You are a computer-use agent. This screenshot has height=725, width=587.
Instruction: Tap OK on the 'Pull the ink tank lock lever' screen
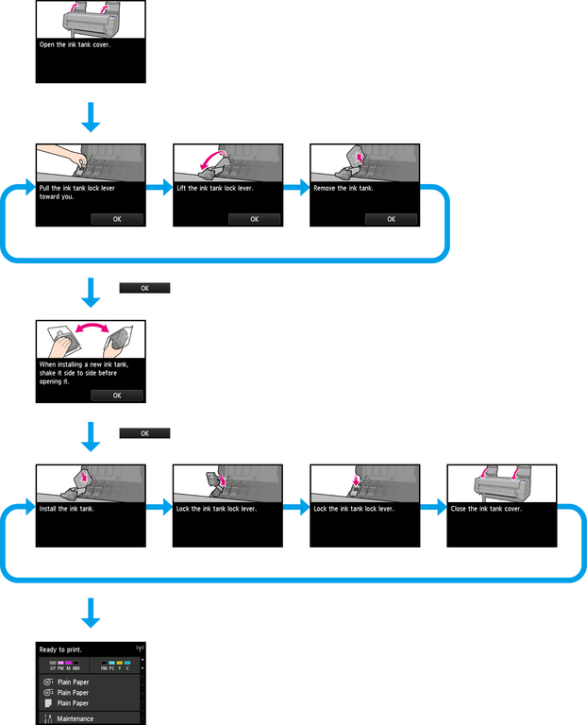[x=117, y=219]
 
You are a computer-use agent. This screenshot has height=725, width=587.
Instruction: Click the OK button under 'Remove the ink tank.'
[x=392, y=219]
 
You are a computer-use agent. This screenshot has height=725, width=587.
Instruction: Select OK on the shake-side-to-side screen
[x=117, y=396]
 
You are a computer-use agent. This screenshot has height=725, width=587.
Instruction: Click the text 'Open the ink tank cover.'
[x=75, y=44]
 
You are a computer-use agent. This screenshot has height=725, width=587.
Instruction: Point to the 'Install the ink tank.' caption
[x=67, y=509]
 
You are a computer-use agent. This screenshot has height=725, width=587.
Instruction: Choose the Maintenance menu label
[x=75, y=718]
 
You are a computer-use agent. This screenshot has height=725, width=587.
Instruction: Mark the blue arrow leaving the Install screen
[x=160, y=508]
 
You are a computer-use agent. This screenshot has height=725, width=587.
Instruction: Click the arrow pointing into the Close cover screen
[x=434, y=508]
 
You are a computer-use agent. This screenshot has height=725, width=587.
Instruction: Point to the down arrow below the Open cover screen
[x=91, y=119]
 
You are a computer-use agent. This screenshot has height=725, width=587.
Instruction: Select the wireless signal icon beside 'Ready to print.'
[x=140, y=649]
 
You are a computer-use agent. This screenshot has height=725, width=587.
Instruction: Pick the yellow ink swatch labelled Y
[x=120, y=665]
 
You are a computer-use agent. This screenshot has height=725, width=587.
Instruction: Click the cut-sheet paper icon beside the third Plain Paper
[x=47, y=703]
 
